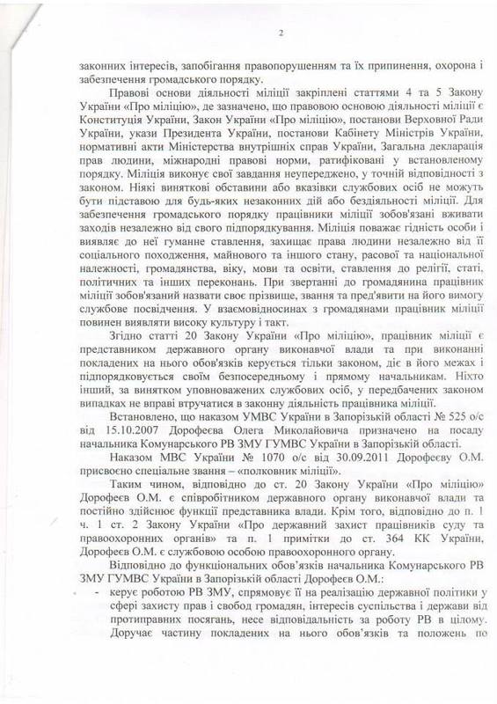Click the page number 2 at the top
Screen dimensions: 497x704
click(x=281, y=34)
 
